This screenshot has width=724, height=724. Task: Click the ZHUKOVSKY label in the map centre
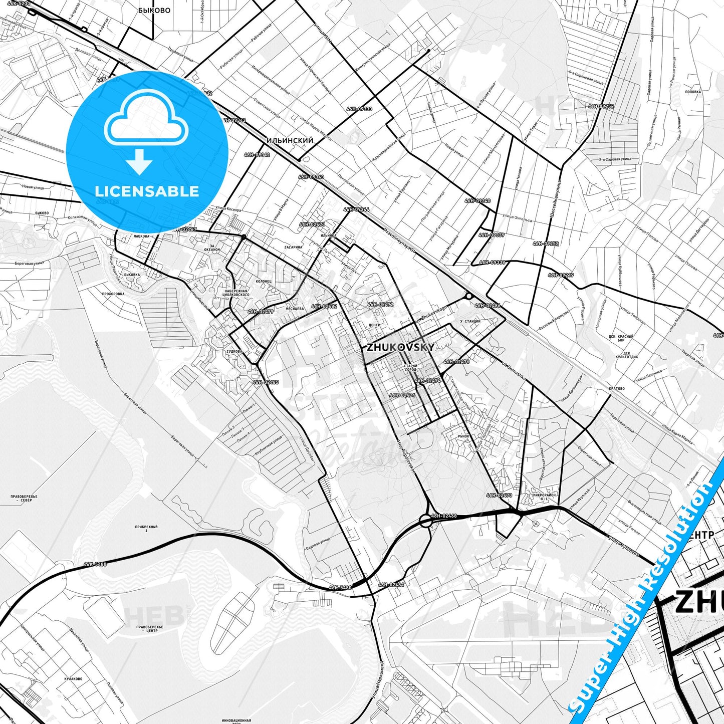click(x=400, y=347)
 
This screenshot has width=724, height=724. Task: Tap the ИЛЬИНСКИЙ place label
click(x=290, y=141)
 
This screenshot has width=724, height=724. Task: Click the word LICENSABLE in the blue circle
click(x=147, y=191)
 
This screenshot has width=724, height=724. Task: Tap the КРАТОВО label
click(x=616, y=388)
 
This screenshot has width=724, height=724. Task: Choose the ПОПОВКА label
click(x=693, y=92)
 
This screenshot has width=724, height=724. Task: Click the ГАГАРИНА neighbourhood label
click(x=293, y=247)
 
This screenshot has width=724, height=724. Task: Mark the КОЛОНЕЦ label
click(x=263, y=282)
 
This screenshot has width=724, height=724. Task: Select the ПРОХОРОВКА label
click(x=113, y=294)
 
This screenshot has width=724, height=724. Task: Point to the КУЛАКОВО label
click(x=73, y=679)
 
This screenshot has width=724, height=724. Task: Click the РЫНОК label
click(x=463, y=436)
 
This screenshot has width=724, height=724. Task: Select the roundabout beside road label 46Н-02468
click(x=426, y=521)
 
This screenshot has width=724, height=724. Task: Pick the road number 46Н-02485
click(x=266, y=382)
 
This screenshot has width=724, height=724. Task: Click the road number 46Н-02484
click(x=391, y=585)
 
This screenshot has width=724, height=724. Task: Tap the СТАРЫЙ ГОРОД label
click(x=410, y=368)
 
